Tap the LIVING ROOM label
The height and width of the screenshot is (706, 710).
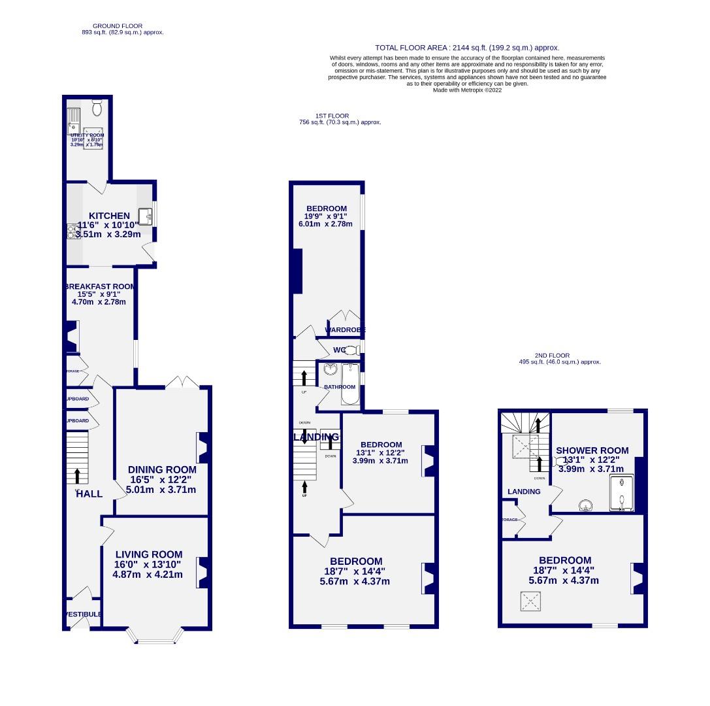click(148, 554)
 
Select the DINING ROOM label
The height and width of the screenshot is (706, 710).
click(162, 469)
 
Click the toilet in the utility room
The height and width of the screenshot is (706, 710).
click(97, 107)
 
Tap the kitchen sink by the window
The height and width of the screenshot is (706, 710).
click(144, 216)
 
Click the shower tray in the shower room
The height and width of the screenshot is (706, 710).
click(622, 493)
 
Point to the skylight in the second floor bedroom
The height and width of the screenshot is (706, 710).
click(530, 601)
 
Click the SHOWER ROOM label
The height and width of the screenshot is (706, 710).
click(592, 450)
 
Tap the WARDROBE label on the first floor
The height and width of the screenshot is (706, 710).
click(346, 330)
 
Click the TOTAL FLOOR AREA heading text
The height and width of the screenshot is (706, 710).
click(467, 48)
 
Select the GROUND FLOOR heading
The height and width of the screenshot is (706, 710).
click(118, 26)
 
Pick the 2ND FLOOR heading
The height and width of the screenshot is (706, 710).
click(552, 356)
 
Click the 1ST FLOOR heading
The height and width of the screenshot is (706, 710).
click(332, 116)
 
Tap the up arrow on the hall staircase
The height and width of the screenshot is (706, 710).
click(77, 475)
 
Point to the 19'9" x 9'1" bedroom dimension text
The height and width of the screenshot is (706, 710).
click(325, 216)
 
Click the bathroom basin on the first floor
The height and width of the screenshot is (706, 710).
click(330, 370)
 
